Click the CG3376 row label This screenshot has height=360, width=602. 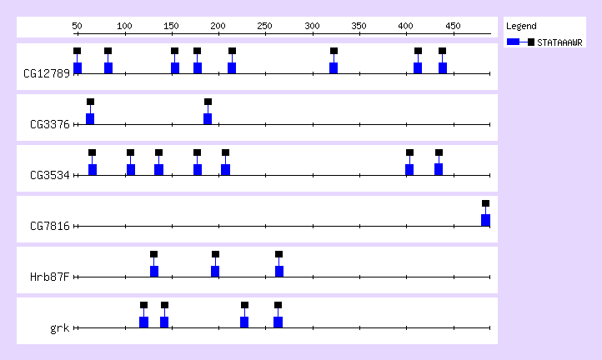pos(50,125)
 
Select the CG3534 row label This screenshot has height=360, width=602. pos(50,176)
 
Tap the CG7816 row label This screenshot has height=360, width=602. pos(50,227)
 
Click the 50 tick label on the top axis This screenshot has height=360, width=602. pos(78,27)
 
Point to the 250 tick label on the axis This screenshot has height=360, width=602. pos(218,27)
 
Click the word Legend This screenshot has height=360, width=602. pos(521,26)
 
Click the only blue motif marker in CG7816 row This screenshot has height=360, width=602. pos(485,220)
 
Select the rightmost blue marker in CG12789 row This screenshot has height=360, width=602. pos(443,67)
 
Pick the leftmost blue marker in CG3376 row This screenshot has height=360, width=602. pos(90,118)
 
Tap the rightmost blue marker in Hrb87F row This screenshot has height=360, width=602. pos(279,271)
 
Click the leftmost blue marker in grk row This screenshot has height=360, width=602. pos(143,322)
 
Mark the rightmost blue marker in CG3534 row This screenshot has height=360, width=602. pos(439,169)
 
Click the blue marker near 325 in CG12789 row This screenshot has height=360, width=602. pos(334,67)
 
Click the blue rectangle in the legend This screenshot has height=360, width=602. pos(514,42)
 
